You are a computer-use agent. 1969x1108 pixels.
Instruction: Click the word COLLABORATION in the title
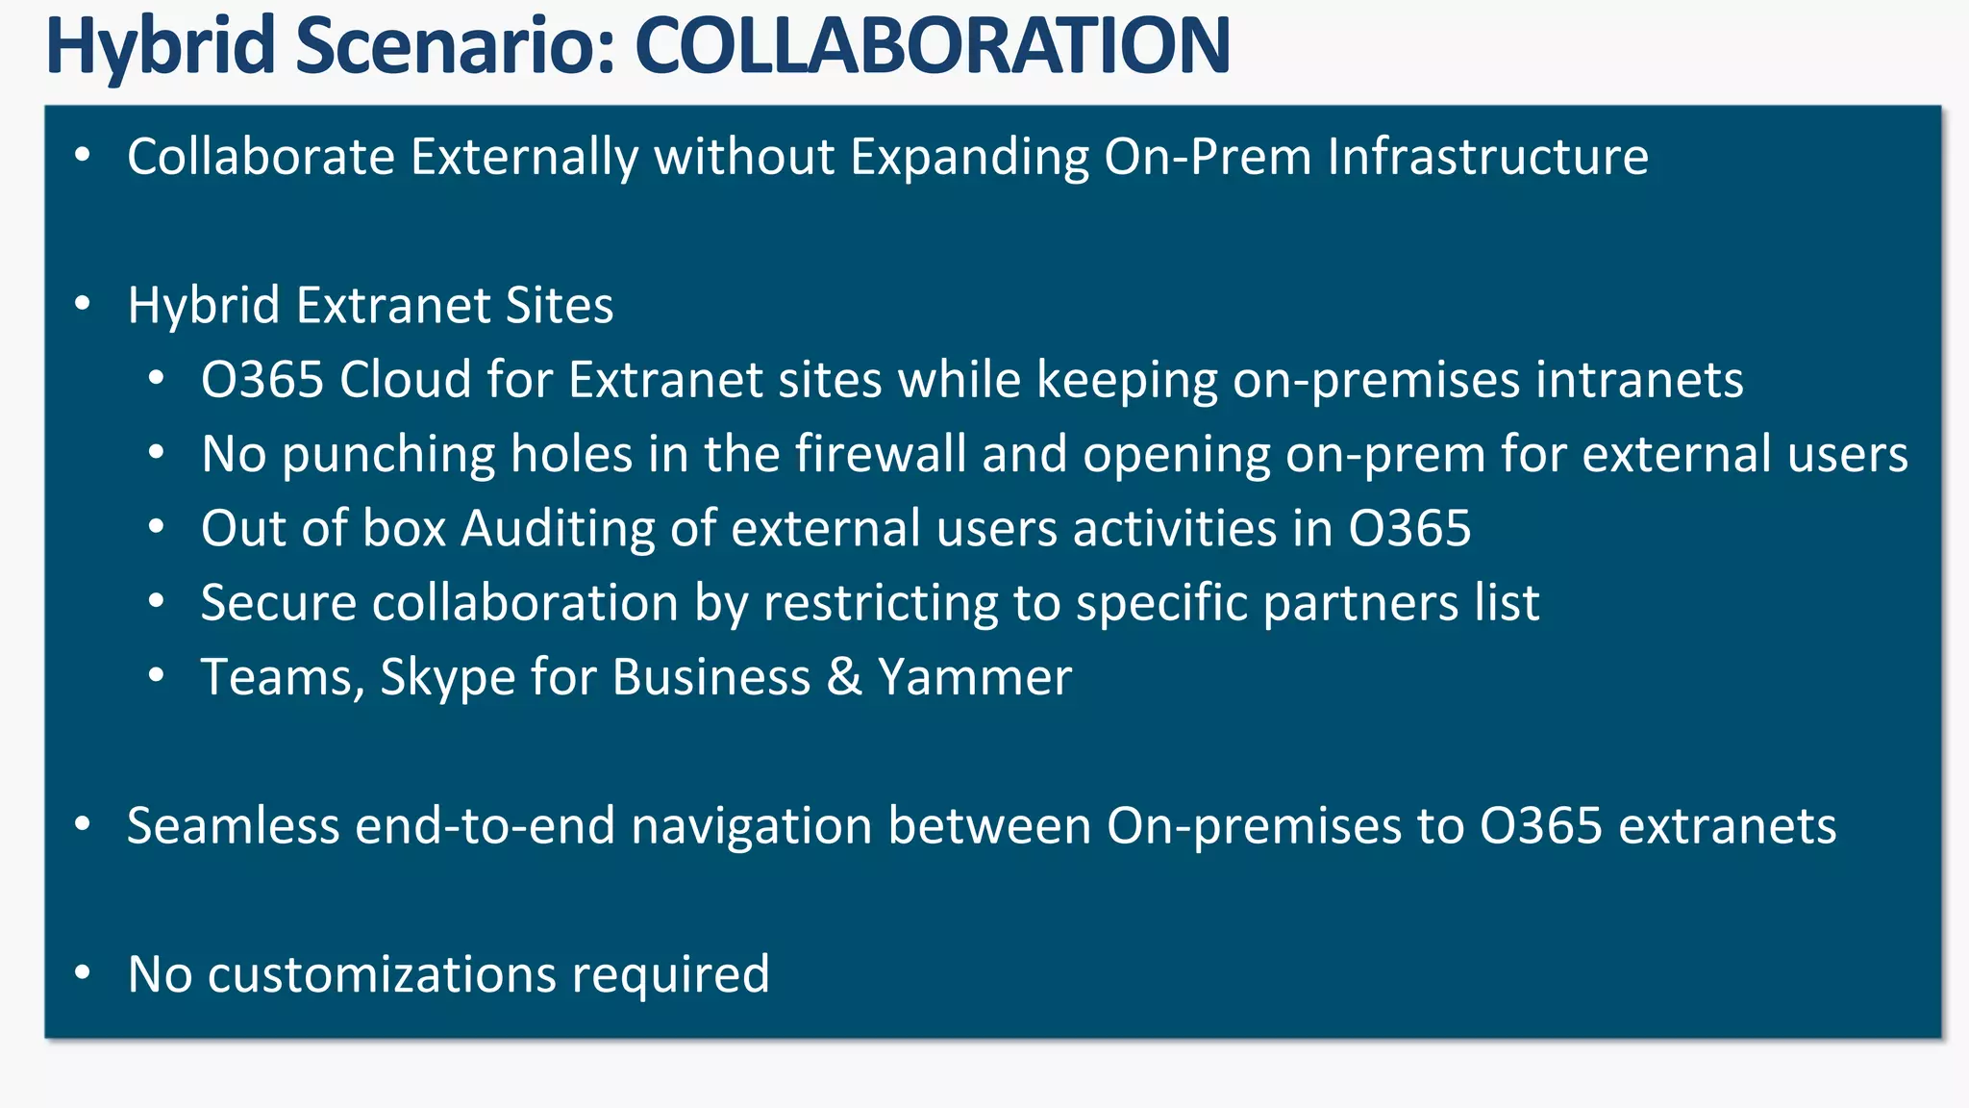pyautogui.click(x=932, y=45)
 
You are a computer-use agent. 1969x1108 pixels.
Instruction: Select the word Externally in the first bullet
pyautogui.click(x=524, y=157)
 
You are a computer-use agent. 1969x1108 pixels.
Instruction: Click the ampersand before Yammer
pyautogui.click(x=844, y=677)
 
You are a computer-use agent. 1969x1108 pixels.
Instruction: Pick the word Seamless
pyautogui.click(x=234, y=826)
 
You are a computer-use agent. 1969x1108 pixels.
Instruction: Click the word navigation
pyautogui.click(x=751, y=826)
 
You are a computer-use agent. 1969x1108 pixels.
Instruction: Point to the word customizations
pyautogui.click(x=382, y=974)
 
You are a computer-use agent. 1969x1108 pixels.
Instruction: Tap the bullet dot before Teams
pyautogui.click(x=157, y=675)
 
